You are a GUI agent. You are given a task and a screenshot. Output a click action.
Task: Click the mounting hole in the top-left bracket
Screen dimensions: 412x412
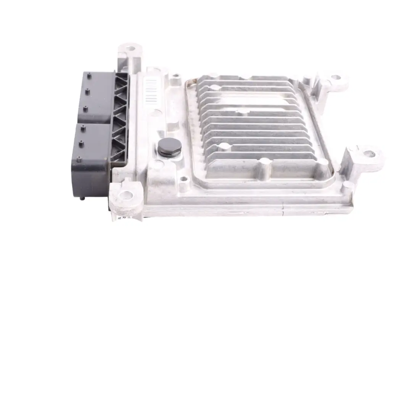(x=131, y=49)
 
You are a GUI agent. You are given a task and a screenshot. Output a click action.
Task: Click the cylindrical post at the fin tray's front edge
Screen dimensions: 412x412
(x=263, y=166)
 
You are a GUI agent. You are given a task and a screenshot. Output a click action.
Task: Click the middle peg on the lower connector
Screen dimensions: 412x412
(x=82, y=144)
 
